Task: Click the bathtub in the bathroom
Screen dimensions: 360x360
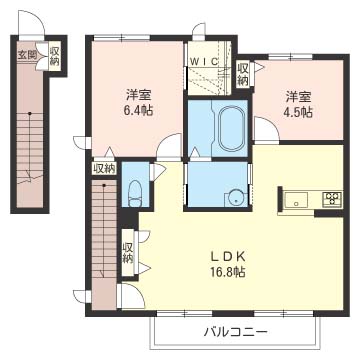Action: [230, 129]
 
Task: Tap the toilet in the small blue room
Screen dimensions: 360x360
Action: [135, 194]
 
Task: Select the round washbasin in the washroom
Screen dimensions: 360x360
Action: [236, 199]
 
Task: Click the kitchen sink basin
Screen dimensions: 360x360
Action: [295, 199]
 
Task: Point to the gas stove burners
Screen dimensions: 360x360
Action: [332, 199]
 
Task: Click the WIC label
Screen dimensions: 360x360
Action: [204, 61]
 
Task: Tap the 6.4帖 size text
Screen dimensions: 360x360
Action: [138, 110]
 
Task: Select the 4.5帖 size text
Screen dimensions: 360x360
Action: [298, 112]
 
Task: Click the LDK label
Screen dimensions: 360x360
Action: [229, 257]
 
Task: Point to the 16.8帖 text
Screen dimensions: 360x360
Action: [229, 273]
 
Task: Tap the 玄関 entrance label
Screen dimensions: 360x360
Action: [27, 55]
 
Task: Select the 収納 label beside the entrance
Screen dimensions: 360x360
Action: [54, 56]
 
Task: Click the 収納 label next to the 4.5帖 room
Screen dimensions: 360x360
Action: [243, 74]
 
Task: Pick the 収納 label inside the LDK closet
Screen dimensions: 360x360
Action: [127, 253]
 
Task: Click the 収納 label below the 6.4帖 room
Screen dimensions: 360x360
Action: [104, 168]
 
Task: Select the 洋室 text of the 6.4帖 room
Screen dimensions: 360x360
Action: [139, 95]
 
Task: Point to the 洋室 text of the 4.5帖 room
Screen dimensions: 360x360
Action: [298, 97]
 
